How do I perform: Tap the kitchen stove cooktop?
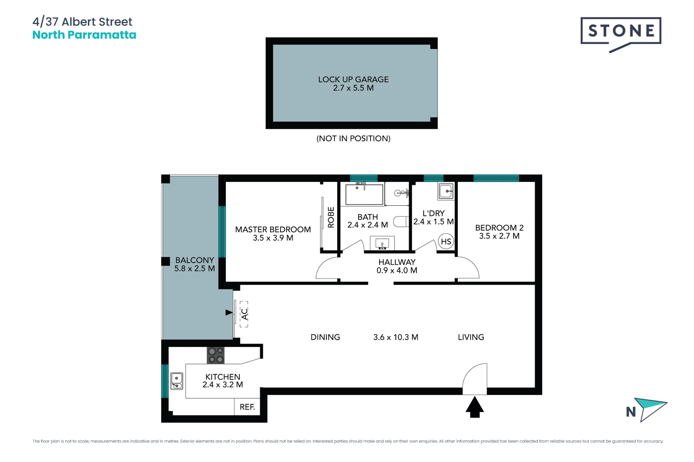[215, 355]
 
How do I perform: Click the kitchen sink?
[177, 381]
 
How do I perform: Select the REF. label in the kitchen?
[247, 407]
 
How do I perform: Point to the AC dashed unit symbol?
[244, 314]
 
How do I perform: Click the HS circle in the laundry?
[446, 242]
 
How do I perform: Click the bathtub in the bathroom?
[364, 195]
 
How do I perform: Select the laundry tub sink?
[446, 191]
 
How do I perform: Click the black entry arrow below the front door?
[475, 407]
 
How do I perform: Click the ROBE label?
[331, 217]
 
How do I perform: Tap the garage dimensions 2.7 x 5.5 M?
[353, 88]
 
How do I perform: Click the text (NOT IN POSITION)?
[353, 139]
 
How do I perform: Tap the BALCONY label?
[194, 260]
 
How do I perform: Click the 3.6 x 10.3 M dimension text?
[395, 338]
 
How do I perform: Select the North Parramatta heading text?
[84, 35]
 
